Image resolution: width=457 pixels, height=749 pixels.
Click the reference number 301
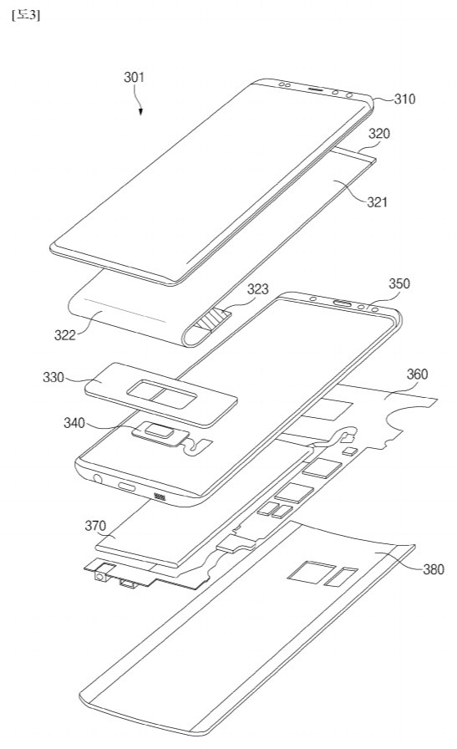point(135,78)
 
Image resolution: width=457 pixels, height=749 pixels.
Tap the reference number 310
point(404,99)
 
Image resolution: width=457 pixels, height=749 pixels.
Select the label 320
point(379,133)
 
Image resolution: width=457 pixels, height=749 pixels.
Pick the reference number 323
point(258,290)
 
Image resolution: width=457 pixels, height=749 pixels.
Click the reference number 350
point(399,283)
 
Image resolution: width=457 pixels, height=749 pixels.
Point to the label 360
point(418,374)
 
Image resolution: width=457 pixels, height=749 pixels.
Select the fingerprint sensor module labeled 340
point(160,432)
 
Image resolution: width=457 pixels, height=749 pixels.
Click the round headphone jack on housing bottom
point(100,480)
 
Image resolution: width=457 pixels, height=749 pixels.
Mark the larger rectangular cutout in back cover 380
point(303,572)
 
